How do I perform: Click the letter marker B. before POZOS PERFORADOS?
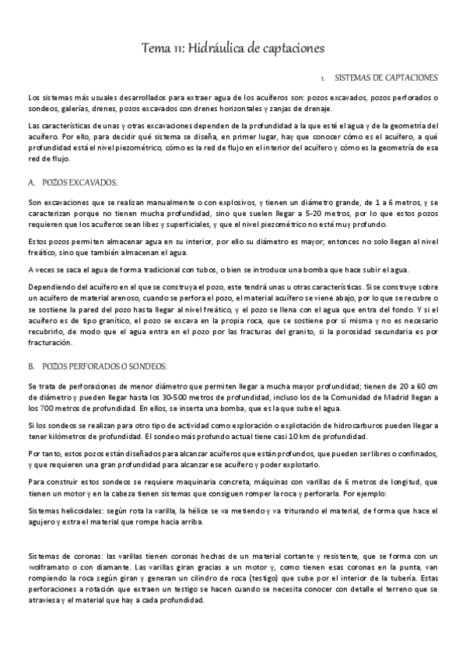point(31,343)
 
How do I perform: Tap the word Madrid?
point(408,398)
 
